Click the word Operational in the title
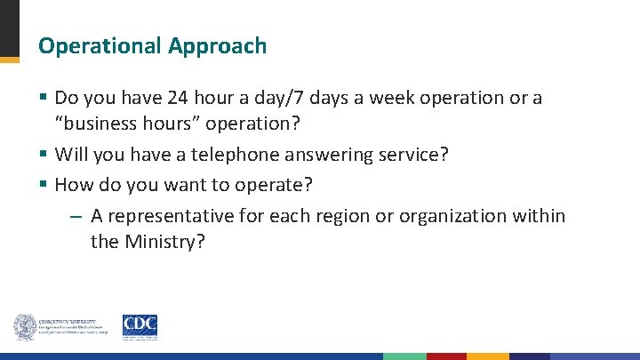pos(99,46)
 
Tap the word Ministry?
pos(165,241)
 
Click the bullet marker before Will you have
pos(44,155)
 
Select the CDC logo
pos(140,326)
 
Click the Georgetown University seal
pos(24,327)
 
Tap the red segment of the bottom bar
pos(446,356)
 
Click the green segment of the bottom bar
pos(404,356)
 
